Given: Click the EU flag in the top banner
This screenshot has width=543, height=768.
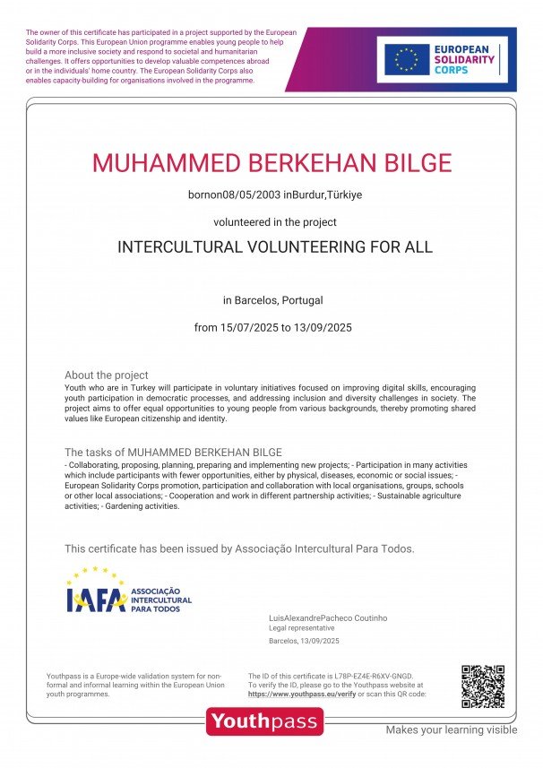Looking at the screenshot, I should click(407, 60).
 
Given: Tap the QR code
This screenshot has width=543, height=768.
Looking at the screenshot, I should click(482, 687).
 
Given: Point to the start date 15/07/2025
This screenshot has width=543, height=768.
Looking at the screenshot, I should click(248, 327).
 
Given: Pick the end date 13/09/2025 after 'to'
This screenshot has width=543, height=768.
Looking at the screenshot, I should click(323, 327).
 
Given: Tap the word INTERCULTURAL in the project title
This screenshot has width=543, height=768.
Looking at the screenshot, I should click(178, 247).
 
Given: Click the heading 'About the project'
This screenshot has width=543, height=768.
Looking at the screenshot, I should click(106, 375).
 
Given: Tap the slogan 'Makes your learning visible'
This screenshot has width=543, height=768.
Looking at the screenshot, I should click(451, 729).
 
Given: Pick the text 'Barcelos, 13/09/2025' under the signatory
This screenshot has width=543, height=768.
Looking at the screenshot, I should click(304, 642).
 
